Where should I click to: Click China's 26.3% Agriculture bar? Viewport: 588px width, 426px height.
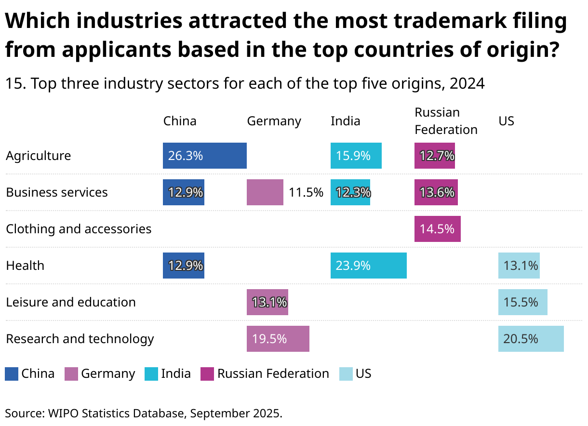[204, 156]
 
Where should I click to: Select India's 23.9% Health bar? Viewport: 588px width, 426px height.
[368, 266]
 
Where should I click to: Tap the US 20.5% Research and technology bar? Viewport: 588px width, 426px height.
[531, 339]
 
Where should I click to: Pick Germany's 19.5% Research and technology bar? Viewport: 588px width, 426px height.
[278, 339]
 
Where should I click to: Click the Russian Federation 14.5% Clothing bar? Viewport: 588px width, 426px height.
[437, 229]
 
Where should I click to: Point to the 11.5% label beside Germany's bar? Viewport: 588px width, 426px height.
[306, 192]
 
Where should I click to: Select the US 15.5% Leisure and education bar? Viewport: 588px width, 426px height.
[522, 302]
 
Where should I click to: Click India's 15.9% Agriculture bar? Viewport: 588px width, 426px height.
[356, 156]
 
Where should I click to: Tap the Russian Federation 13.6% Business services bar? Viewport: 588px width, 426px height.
[436, 192]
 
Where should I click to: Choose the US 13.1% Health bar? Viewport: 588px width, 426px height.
[519, 266]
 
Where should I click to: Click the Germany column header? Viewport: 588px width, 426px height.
[274, 121]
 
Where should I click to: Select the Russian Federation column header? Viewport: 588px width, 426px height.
[446, 121]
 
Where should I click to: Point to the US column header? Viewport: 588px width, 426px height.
[506, 121]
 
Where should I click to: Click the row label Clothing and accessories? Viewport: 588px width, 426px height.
[79, 229]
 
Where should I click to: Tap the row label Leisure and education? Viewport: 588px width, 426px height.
[71, 302]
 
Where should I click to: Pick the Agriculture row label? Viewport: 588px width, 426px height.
[39, 156]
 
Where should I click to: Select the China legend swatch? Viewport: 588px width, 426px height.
[12, 374]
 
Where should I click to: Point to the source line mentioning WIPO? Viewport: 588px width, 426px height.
[143, 413]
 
